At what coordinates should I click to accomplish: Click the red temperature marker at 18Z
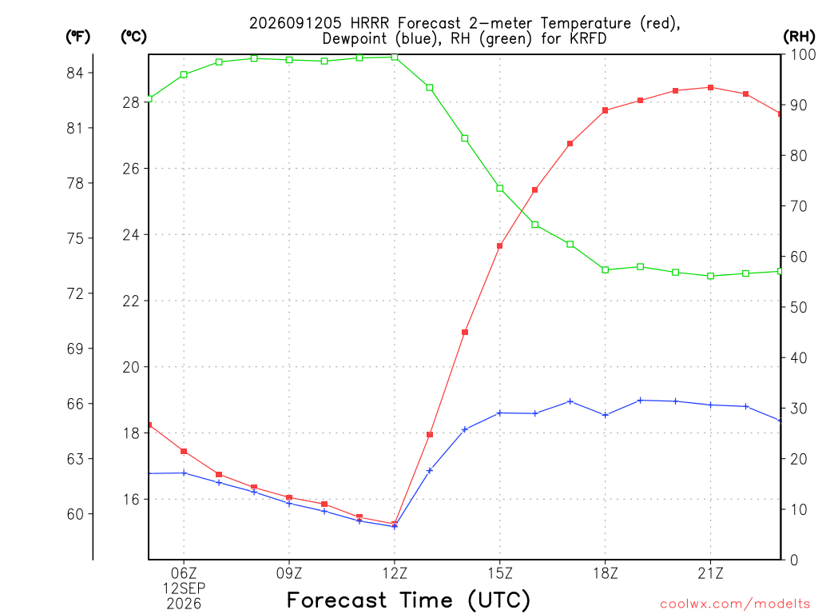(606, 110)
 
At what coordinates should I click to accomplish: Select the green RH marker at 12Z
(395, 57)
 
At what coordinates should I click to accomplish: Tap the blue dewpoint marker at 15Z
(500, 413)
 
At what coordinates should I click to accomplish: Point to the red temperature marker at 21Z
(710, 87)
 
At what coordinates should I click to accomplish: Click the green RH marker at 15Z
(500, 188)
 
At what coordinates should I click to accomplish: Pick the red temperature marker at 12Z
(395, 524)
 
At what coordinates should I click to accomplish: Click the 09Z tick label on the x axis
(289, 573)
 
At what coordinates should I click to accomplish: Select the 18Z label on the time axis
(606, 573)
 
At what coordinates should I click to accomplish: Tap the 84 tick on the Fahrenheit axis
(75, 73)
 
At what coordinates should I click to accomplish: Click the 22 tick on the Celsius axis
(131, 301)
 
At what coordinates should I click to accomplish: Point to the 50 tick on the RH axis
(798, 307)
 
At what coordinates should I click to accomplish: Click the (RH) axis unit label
(799, 36)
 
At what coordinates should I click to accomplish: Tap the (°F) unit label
(77, 36)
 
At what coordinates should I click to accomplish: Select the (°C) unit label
(133, 36)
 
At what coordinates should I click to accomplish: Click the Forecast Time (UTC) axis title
(408, 600)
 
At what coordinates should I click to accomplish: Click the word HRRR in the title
(369, 23)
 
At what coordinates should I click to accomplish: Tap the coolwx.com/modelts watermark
(735, 604)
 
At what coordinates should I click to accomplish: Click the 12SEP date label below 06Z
(184, 588)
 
